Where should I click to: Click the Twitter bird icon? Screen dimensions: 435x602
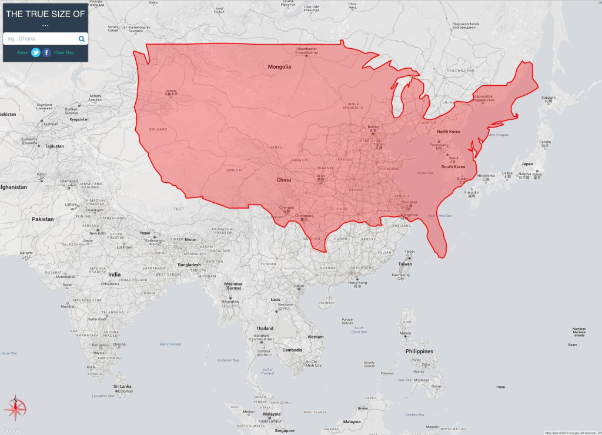click(x=36, y=52)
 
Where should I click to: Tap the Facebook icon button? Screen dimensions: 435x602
click(x=47, y=52)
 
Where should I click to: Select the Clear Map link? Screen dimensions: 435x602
click(x=64, y=53)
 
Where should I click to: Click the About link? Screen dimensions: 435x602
click(x=22, y=53)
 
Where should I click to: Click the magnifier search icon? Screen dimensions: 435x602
click(x=82, y=39)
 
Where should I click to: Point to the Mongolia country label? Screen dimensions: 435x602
click(x=279, y=67)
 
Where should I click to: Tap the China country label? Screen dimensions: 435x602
click(x=284, y=180)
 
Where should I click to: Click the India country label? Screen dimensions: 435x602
click(x=114, y=275)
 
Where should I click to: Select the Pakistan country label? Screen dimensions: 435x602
click(x=43, y=219)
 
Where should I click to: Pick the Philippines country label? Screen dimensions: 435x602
click(x=419, y=352)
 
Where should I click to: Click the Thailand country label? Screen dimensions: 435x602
click(x=265, y=328)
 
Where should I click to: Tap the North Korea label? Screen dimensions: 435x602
click(x=449, y=132)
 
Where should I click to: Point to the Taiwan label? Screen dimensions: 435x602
click(x=406, y=264)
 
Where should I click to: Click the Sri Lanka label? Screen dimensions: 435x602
click(x=122, y=386)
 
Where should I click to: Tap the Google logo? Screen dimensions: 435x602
click(x=11, y=430)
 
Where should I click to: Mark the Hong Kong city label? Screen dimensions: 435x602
click(x=357, y=283)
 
